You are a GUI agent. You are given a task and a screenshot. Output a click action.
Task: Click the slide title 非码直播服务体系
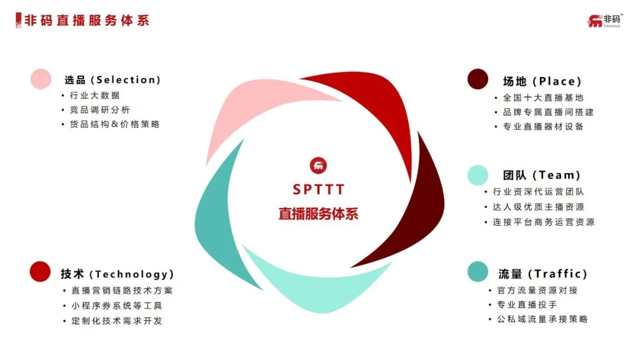pyautogui.click(x=87, y=20)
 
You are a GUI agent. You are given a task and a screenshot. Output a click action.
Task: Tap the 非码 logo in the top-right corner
pyautogui.click(x=605, y=20)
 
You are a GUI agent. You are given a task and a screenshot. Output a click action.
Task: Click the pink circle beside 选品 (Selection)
pyautogui.click(x=41, y=79)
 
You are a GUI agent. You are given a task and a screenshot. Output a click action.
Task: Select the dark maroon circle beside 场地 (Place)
pyautogui.click(x=477, y=79)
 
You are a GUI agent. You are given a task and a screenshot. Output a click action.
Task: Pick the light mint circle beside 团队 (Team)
pyautogui.click(x=477, y=175)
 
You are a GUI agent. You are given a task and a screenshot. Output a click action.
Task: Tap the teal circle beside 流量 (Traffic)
pyautogui.click(x=477, y=272)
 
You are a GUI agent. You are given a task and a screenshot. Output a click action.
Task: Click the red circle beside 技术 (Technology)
pyautogui.click(x=40, y=272)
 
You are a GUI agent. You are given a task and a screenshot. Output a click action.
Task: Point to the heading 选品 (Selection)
pyautogui.click(x=112, y=79)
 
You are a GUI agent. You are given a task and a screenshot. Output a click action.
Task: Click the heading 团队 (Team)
pyautogui.click(x=541, y=175)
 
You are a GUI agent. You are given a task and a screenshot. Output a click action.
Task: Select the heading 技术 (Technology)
pyautogui.click(x=117, y=274)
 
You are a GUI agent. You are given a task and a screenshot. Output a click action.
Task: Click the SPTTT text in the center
pyautogui.click(x=319, y=189)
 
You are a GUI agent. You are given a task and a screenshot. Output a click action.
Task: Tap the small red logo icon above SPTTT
pyautogui.click(x=318, y=166)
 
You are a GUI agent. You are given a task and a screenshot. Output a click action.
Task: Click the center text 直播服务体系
pyautogui.click(x=318, y=214)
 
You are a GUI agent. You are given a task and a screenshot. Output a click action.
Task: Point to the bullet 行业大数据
pyautogui.click(x=95, y=95)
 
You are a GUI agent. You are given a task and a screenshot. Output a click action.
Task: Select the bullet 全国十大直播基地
pyautogui.click(x=543, y=98)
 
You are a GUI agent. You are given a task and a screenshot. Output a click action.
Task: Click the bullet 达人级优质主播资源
pyautogui.click(x=538, y=207)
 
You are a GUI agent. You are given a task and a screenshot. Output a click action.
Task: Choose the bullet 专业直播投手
pyautogui.click(x=527, y=304)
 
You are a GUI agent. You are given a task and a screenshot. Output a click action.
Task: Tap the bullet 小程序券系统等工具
pyautogui.click(x=117, y=306)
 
